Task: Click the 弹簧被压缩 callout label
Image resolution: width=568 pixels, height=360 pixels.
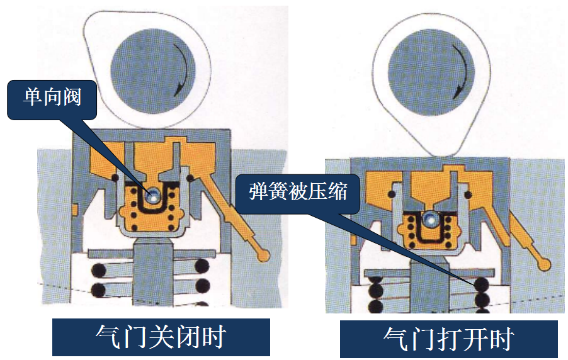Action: tap(298, 191)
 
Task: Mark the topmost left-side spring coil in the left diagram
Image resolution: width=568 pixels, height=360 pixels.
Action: tap(98, 269)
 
